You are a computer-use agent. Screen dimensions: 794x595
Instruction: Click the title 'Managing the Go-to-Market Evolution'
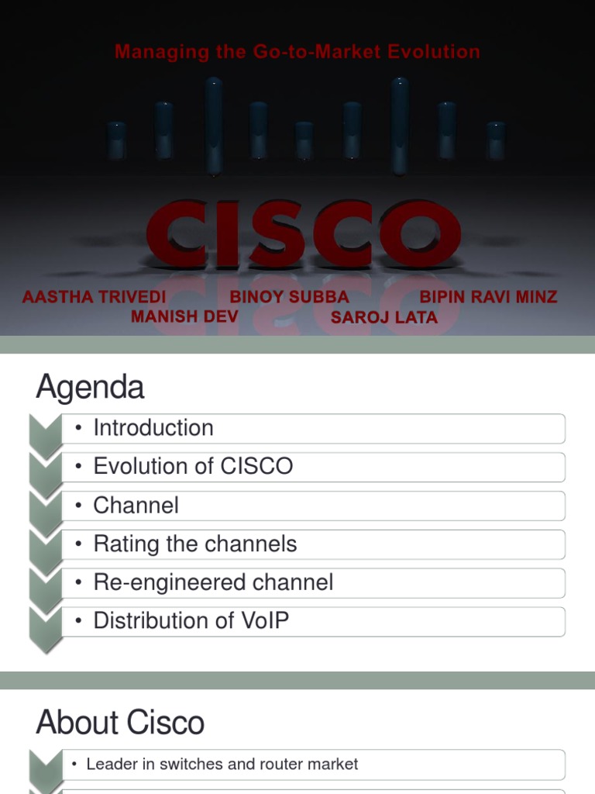(x=297, y=52)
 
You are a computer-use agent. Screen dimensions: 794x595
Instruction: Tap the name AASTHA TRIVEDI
(x=95, y=297)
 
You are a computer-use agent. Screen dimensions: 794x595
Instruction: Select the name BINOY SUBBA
(x=289, y=297)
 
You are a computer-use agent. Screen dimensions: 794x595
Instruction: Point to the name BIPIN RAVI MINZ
(x=488, y=297)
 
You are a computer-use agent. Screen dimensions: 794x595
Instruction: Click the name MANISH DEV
(x=184, y=316)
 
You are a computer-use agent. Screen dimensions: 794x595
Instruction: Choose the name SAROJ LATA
(x=384, y=317)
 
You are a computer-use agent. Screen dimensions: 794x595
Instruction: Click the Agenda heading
(x=90, y=387)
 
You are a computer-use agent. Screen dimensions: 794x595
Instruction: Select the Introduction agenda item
(x=153, y=428)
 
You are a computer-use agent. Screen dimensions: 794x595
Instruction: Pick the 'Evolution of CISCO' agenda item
(x=193, y=467)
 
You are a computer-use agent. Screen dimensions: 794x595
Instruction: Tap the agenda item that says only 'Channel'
(x=136, y=506)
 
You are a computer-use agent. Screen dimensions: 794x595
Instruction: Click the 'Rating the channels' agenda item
(x=194, y=544)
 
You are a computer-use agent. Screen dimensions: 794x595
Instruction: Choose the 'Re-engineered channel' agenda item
(x=213, y=582)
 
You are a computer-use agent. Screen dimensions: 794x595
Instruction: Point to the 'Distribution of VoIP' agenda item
(x=191, y=621)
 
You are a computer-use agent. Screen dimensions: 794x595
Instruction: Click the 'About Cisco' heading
(x=120, y=723)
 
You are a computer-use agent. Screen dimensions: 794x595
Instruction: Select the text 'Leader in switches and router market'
(x=222, y=765)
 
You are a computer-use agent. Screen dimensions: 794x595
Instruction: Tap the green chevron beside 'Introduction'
(x=45, y=431)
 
